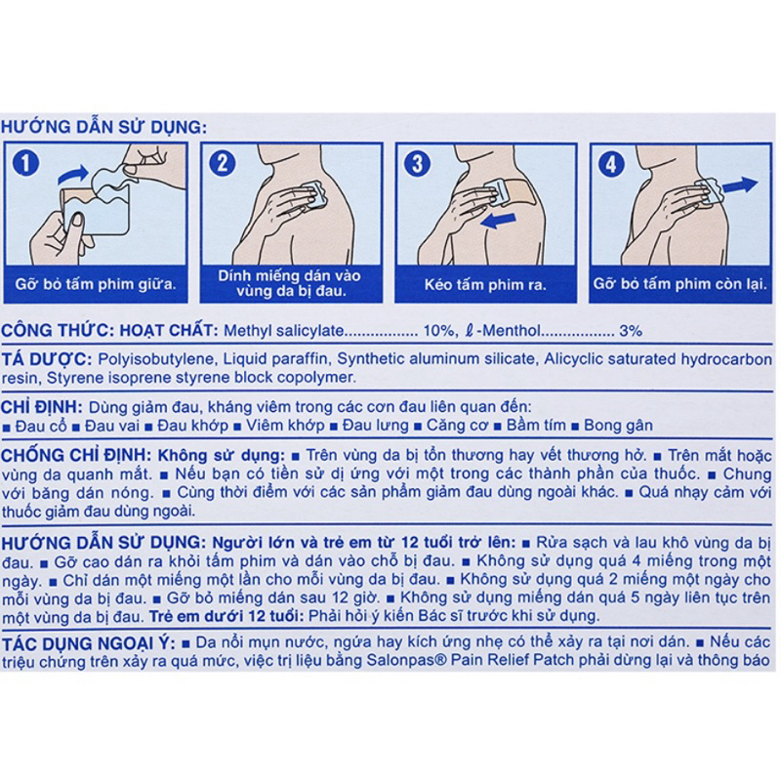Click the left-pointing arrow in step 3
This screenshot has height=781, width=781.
(x=501, y=222)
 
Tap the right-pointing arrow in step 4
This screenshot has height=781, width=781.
(x=745, y=184)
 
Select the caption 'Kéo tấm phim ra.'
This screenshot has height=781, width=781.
(x=484, y=285)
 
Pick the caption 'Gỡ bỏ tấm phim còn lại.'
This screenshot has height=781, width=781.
(x=679, y=285)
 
